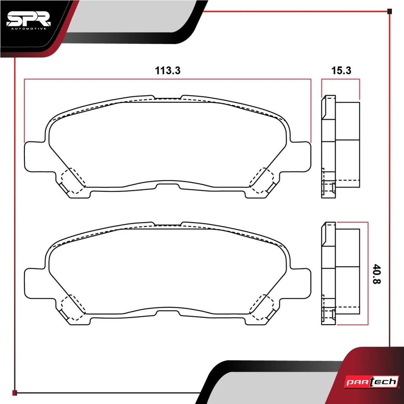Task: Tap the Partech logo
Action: (372, 382)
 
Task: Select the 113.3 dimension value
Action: (167, 70)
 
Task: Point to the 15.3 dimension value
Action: (341, 70)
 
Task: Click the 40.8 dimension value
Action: (377, 274)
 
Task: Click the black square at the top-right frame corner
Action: (389, 11)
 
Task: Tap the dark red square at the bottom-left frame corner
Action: (15, 393)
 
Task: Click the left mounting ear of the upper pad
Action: (35, 157)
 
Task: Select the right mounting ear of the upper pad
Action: (300, 157)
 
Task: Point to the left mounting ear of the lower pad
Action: (35, 283)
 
